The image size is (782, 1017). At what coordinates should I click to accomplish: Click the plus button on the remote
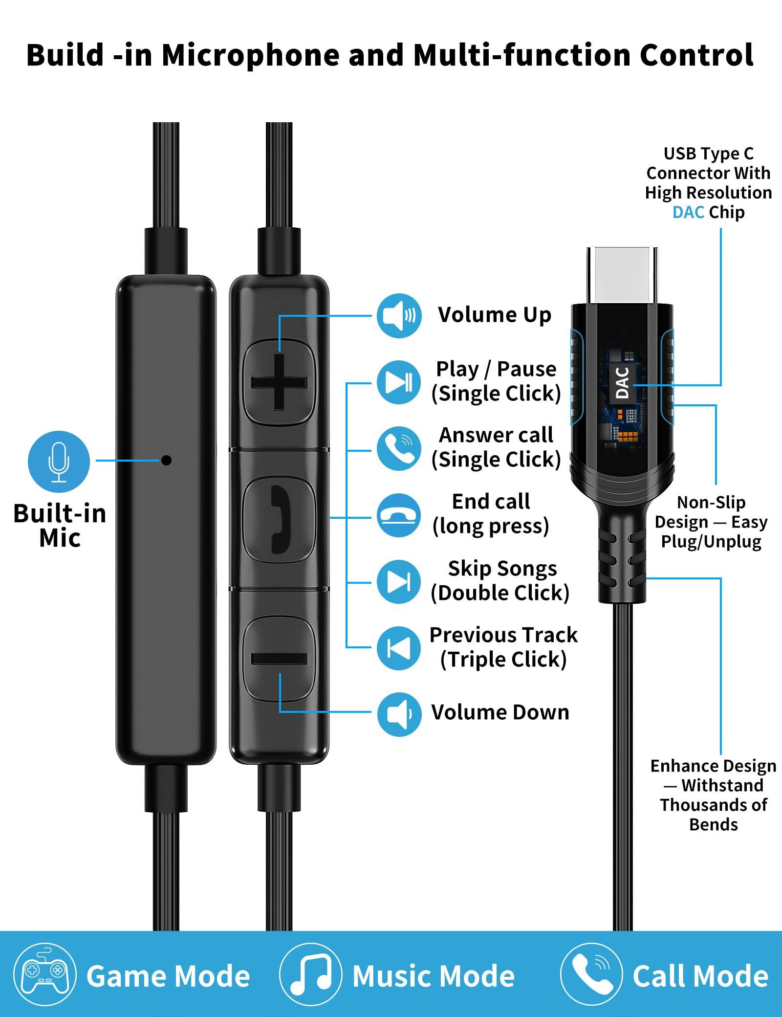click(279, 382)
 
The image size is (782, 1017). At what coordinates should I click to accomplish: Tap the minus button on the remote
click(279, 659)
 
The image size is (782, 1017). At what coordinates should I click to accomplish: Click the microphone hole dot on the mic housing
click(166, 460)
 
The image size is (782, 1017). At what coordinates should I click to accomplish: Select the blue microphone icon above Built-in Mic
click(59, 462)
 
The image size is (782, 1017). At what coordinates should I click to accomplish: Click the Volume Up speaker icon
click(399, 316)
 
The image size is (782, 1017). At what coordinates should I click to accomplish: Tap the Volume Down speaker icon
click(399, 714)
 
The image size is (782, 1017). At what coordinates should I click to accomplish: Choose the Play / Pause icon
click(399, 382)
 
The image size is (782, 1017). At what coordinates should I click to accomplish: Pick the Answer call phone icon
click(399, 448)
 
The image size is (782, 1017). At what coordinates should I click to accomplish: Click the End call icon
click(399, 515)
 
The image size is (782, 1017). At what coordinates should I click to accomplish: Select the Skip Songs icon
click(399, 581)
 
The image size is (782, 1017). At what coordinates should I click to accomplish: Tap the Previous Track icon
click(399, 648)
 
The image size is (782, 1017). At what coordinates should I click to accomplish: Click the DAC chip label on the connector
click(622, 384)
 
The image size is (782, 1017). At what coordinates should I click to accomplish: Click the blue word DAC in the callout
click(688, 212)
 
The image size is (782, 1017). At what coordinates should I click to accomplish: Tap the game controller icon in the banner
click(45, 975)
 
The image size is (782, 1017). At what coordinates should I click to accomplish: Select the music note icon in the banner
click(310, 975)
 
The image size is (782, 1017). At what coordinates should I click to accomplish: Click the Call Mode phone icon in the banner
click(591, 975)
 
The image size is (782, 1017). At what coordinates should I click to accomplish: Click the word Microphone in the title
click(251, 55)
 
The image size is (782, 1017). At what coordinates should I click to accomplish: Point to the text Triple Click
click(503, 660)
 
